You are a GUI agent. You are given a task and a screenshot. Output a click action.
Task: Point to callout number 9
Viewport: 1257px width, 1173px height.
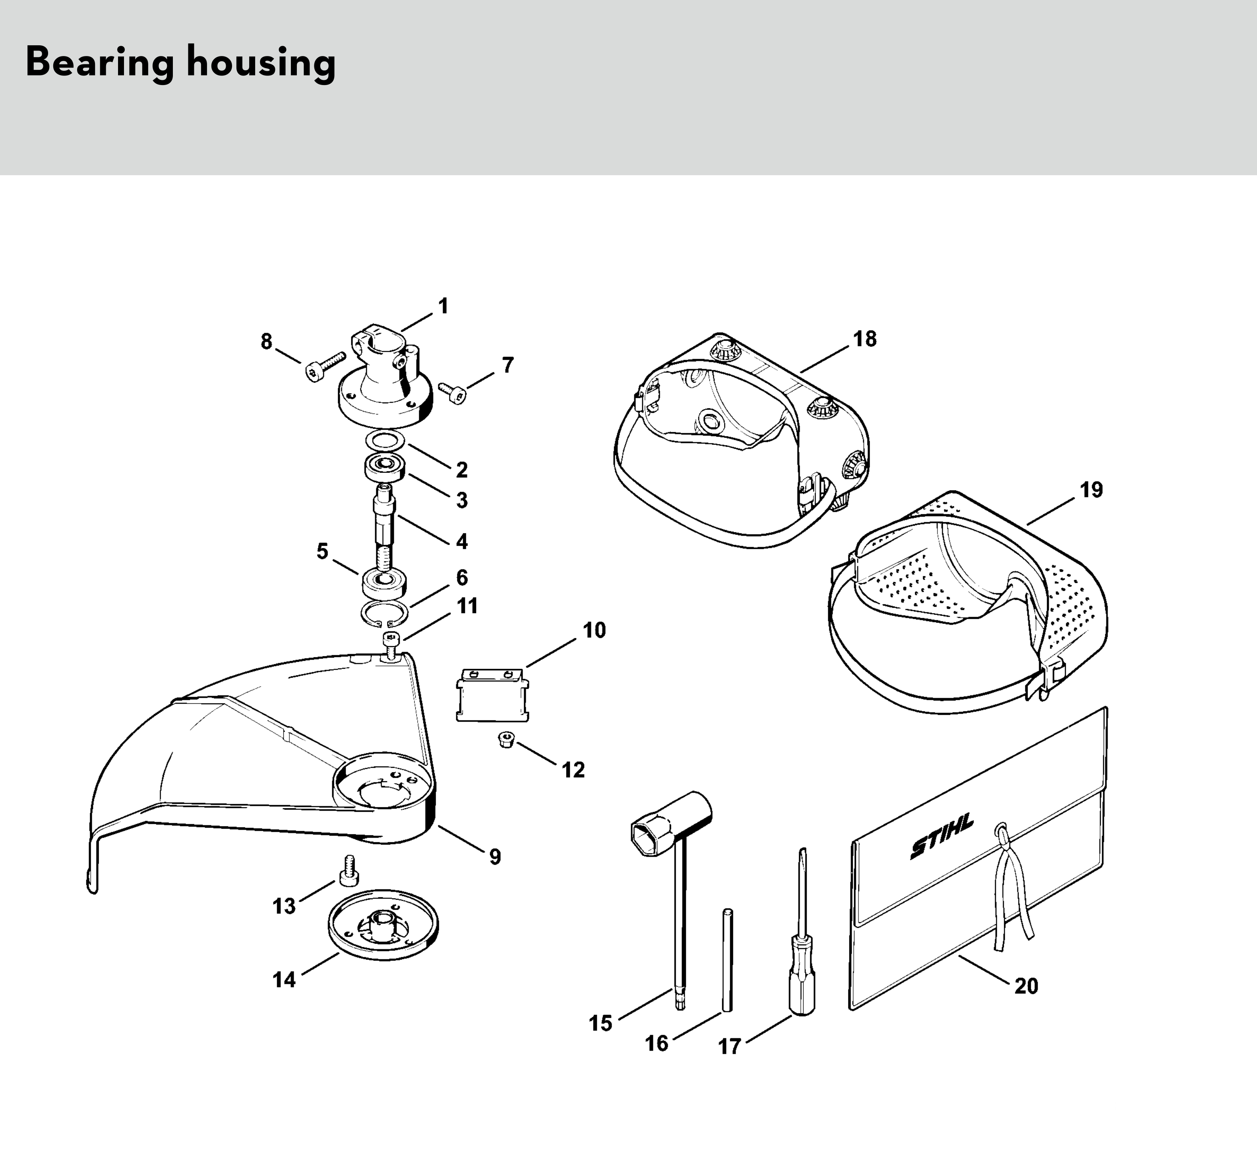tap(495, 857)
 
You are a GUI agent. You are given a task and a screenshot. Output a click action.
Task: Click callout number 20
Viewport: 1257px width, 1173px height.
tap(1026, 986)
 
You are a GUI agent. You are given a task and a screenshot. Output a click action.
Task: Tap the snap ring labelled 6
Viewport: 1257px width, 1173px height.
tap(384, 612)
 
